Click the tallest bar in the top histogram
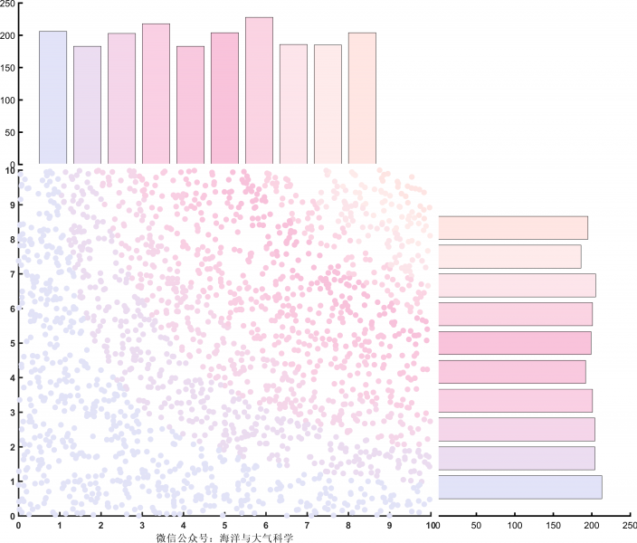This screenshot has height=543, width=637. coord(259,90)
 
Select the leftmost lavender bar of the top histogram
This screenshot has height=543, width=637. coord(52,98)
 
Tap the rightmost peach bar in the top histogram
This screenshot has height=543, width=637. coord(362,99)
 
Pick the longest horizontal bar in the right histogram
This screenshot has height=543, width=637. coord(519,487)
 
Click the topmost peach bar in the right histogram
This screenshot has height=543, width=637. coord(513,228)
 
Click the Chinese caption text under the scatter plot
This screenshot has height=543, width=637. coord(225,537)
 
